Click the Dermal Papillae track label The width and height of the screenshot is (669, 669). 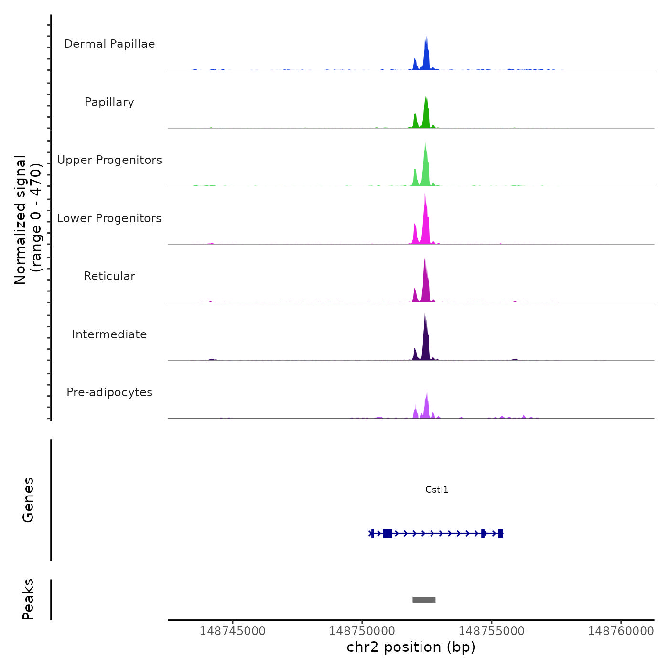(x=109, y=44)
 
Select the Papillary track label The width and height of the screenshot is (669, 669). (x=109, y=102)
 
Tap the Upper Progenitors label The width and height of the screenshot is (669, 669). (x=109, y=160)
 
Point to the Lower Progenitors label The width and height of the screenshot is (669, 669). (x=109, y=218)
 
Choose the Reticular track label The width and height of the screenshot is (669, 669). (x=109, y=276)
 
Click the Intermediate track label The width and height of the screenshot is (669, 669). (x=109, y=334)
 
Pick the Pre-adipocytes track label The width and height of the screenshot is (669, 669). (x=109, y=392)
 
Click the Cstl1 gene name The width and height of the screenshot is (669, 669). (x=437, y=490)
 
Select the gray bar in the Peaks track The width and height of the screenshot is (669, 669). (x=424, y=600)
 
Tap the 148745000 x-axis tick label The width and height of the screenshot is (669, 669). (x=233, y=631)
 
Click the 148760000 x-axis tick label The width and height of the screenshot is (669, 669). (x=621, y=631)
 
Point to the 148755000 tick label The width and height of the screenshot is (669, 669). (x=491, y=631)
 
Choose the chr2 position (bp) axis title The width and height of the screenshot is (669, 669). (x=411, y=647)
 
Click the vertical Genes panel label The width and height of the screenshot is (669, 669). (x=28, y=500)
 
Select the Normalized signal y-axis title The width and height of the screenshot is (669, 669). (x=28, y=220)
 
